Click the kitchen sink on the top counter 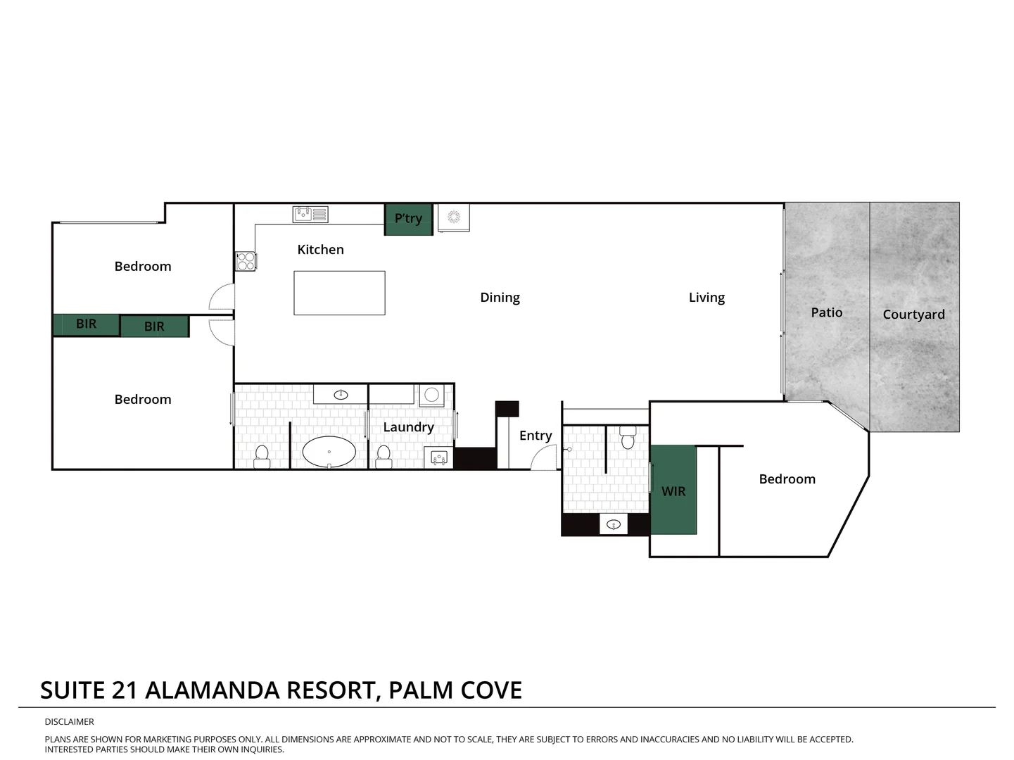(310, 214)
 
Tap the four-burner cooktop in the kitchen (246, 261)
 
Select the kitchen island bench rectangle (339, 293)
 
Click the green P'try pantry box (408, 219)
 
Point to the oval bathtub (329, 452)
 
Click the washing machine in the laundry (432, 395)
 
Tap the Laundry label (408, 427)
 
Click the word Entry (535, 436)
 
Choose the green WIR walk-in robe (673, 490)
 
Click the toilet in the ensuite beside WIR (628, 439)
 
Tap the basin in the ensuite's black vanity (614, 524)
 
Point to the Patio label (826, 312)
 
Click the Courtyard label (913, 315)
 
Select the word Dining (500, 298)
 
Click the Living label (706, 298)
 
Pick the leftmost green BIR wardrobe (86, 324)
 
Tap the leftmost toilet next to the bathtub (262, 455)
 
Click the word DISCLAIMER (69, 721)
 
